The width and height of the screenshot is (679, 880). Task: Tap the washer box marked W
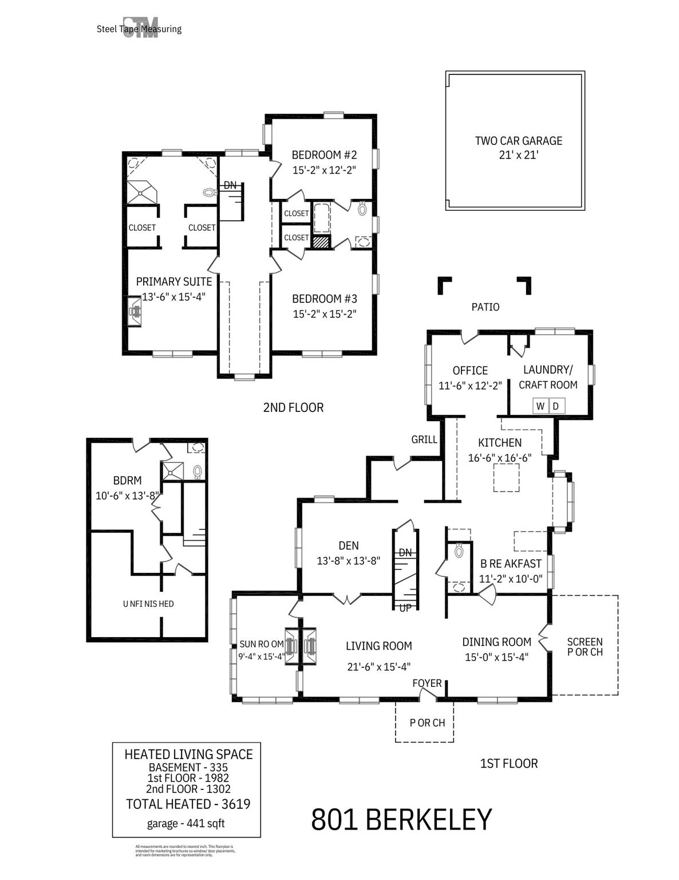pyautogui.click(x=540, y=406)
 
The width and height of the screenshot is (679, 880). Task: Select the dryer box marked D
pyautogui.click(x=555, y=406)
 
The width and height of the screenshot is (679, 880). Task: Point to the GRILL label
pyautogui.click(x=424, y=439)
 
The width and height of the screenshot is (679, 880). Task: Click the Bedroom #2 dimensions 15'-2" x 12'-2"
pyautogui.click(x=324, y=170)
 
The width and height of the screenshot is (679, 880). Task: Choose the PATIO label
pyautogui.click(x=485, y=307)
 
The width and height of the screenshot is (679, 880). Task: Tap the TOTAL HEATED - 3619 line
pyautogui.click(x=188, y=804)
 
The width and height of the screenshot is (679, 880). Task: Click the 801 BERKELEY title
pyautogui.click(x=401, y=820)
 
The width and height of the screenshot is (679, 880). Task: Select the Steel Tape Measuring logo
pyautogui.click(x=139, y=29)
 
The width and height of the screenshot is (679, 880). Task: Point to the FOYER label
pyautogui.click(x=427, y=683)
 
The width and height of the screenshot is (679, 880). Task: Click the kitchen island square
pyautogui.click(x=507, y=478)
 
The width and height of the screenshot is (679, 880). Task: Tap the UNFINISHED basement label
pyautogui.click(x=148, y=604)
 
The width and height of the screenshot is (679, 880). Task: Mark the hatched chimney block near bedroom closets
pyautogui.click(x=321, y=242)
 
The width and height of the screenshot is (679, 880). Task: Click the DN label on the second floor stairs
pyautogui.click(x=230, y=185)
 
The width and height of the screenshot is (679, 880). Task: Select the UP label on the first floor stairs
pyautogui.click(x=405, y=608)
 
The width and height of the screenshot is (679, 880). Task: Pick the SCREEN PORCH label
pyautogui.click(x=585, y=647)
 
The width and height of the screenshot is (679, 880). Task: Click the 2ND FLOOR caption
pyautogui.click(x=293, y=408)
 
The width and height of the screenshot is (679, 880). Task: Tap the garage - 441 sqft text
pyautogui.click(x=185, y=824)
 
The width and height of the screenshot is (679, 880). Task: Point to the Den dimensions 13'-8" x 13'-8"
pyautogui.click(x=348, y=561)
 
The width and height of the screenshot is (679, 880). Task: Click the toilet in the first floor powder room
pyautogui.click(x=458, y=551)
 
